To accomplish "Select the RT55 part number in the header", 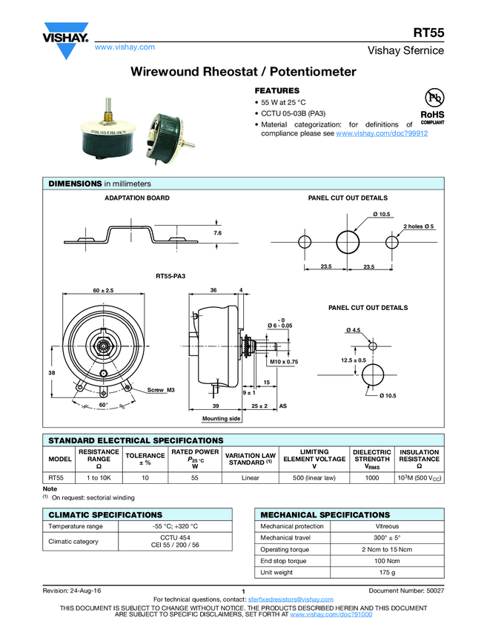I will [428, 33].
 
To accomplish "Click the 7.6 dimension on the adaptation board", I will [217, 233].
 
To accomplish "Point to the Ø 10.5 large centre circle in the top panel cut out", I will [348, 241].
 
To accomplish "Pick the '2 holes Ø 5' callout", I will [419, 225].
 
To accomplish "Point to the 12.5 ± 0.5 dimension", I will [354, 360].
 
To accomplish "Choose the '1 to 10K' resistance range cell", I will [99, 478].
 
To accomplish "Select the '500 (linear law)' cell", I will [314, 478].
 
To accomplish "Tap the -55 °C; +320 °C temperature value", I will [175, 526].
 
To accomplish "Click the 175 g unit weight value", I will [386, 572].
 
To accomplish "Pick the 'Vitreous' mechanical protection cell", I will [386, 526].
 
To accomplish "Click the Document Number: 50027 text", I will [405, 590].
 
